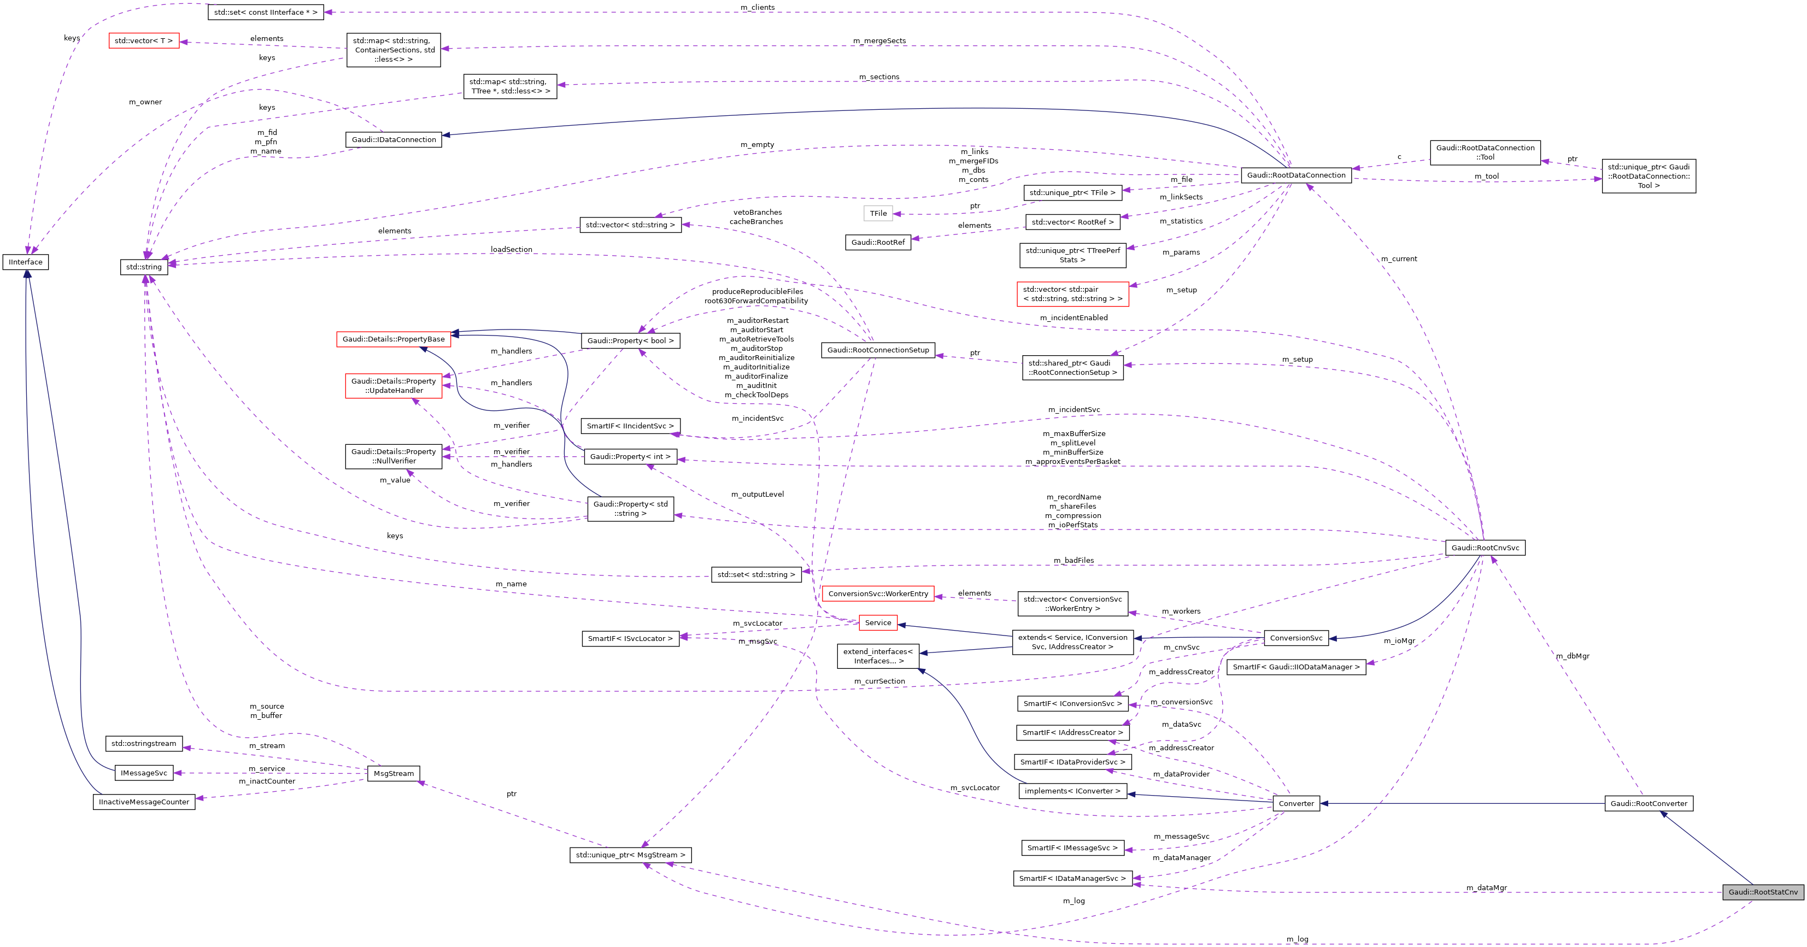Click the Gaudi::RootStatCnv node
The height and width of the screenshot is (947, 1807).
(1763, 892)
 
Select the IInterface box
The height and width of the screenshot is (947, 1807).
(26, 262)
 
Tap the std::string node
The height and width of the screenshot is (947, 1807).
(144, 267)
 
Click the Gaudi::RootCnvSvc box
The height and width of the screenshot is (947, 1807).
(1485, 547)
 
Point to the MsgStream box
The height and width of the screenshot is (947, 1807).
(394, 773)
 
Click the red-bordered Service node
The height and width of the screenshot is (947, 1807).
(878, 622)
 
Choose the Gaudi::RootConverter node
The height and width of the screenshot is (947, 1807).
(1648, 803)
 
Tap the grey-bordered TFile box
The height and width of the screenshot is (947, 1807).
(878, 213)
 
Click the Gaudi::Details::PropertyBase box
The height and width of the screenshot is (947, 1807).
(394, 339)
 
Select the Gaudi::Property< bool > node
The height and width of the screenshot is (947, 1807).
(630, 340)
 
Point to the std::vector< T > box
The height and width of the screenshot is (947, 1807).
(144, 40)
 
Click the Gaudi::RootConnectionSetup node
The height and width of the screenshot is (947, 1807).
(878, 349)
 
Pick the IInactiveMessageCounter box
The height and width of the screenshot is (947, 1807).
(144, 802)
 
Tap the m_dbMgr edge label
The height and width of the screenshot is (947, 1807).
(1572, 656)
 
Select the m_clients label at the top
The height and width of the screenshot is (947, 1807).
(758, 7)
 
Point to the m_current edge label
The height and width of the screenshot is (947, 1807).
(1399, 259)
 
